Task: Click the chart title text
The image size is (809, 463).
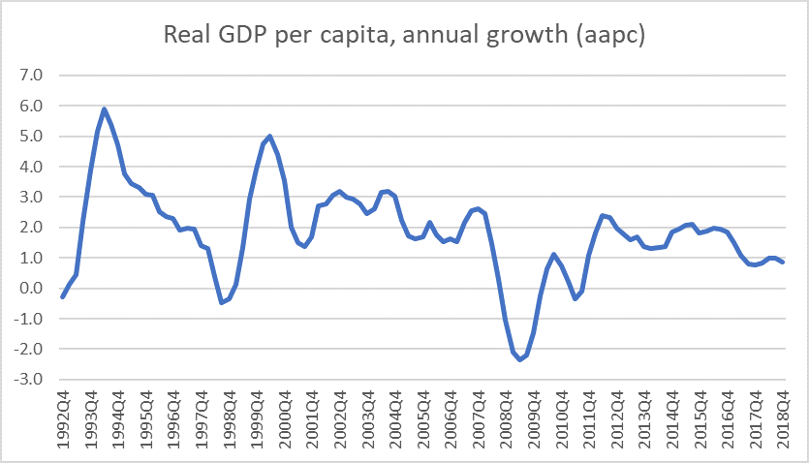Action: click(x=404, y=36)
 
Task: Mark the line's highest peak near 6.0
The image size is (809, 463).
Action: click(x=104, y=109)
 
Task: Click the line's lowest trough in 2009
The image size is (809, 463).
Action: click(x=519, y=359)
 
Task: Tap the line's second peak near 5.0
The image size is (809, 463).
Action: click(x=269, y=137)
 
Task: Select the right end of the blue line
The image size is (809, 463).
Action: click(x=783, y=262)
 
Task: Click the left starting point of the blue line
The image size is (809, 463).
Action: click(x=62, y=296)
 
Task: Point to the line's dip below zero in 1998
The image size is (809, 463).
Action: click(x=221, y=302)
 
